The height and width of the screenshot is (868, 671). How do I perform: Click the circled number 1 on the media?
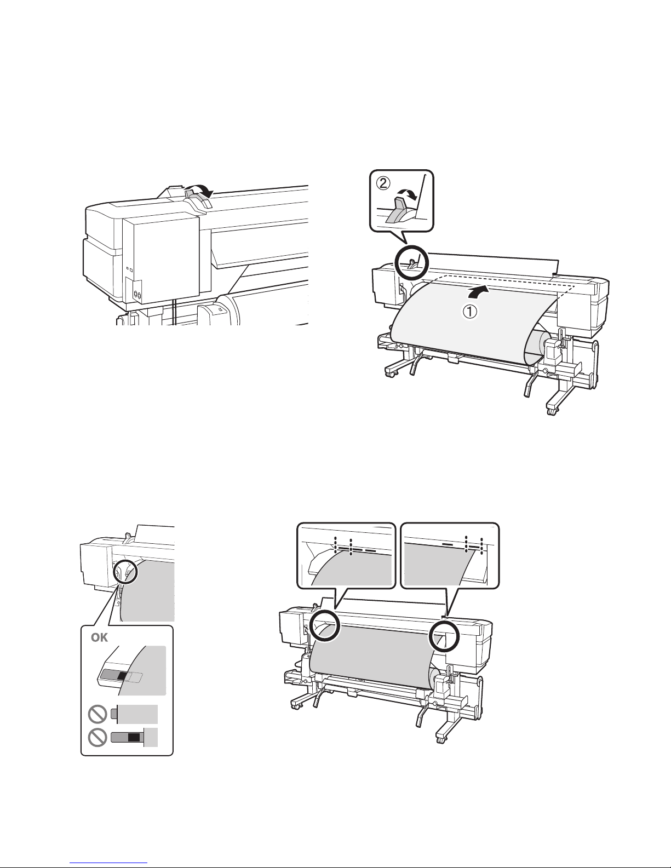470,312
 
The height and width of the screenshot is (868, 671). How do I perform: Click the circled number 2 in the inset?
383,183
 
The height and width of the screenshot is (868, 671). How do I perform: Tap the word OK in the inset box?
100,637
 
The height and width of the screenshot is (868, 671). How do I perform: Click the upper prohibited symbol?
97,714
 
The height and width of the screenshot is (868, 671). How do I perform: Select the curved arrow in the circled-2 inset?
408,195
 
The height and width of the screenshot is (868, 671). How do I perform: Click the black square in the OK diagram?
123,675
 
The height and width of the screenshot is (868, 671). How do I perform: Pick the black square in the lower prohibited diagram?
134,737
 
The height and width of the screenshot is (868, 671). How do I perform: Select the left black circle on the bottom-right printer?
325,626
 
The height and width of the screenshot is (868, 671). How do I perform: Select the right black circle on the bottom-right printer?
444,634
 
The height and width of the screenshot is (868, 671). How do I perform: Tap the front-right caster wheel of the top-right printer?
552,411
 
